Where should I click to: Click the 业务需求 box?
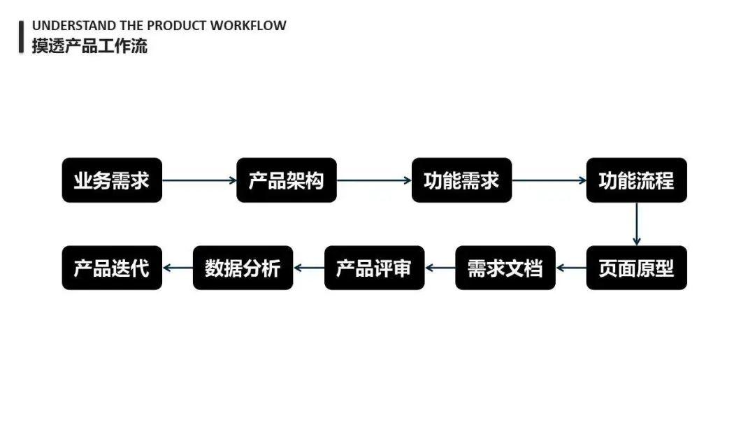point(112,180)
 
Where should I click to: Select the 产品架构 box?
point(287,180)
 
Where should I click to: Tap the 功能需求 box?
point(461,180)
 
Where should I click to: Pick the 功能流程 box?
point(636,180)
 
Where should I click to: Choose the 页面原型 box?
point(636,268)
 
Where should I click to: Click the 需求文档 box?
point(505,268)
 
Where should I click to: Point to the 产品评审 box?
point(374,268)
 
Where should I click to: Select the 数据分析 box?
point(243,268)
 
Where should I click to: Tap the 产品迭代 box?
point(112,268)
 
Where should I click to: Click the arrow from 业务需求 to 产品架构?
point(199,180)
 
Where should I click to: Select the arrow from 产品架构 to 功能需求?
point(374,180)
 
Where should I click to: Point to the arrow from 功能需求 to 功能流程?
point(549,180)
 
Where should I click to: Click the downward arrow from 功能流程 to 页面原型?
point(636,224)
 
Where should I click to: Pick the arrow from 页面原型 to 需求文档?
point(571,268)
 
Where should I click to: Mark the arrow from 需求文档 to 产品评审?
point(440,268)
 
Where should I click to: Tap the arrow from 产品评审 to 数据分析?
point(308,268)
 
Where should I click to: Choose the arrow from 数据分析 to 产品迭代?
point(178,268)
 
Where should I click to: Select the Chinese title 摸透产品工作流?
point(89,46)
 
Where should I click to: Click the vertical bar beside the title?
point(22,36)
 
